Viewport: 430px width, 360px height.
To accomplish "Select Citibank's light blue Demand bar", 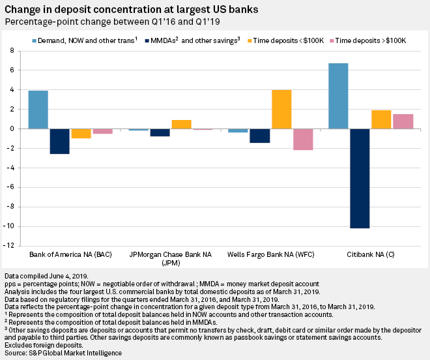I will (x=338, y=96).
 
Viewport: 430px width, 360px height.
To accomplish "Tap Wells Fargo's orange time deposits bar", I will (x=281, y=109).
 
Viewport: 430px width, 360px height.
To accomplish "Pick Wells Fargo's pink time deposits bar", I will (x=303, y=139).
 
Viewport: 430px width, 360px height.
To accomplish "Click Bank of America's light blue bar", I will (x=38, y=110).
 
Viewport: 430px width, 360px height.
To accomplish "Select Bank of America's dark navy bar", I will (x=60, y=141).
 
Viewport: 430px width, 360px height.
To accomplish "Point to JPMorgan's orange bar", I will (x=181, y=124).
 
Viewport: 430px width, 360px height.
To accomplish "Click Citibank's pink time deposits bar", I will (x=403, y=121).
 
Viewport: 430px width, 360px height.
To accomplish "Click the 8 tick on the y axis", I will (x=11, y=50).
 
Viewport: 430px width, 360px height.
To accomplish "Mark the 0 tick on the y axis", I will (x=11, y=128).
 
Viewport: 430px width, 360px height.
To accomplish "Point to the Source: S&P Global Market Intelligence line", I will (x=63, y=353).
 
